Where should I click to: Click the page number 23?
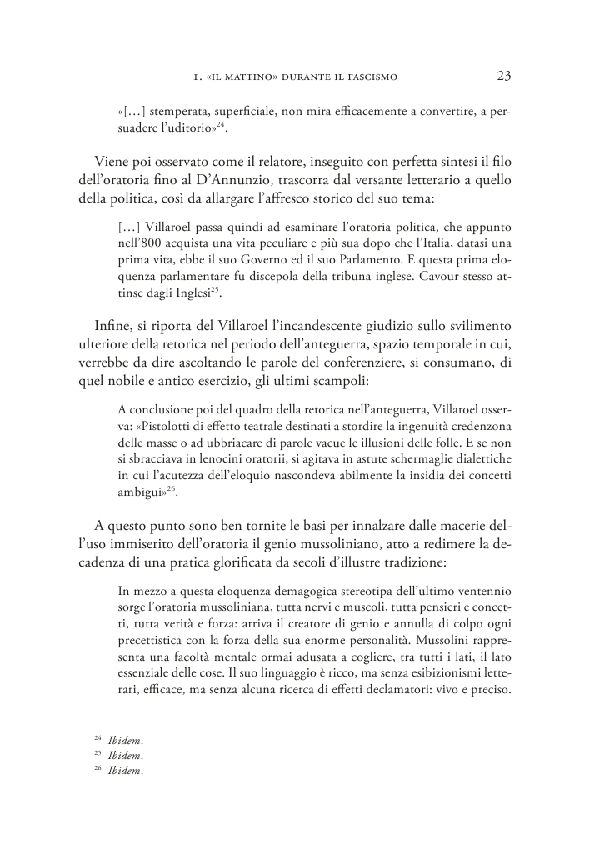pos(503,77)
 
